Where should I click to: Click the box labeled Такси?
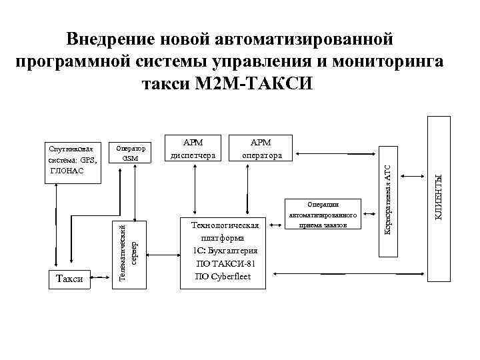[70, 279]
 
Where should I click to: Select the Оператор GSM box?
[131, 153]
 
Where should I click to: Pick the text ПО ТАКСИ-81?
[223, 263]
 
